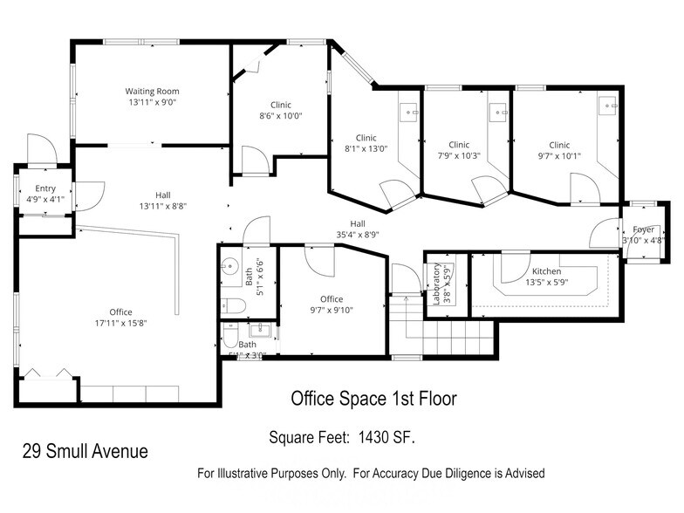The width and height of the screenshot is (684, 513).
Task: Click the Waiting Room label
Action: pyautogui.click(x=152, y=91)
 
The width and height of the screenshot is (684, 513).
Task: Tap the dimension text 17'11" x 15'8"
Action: pyautogui.click(x=121, y=323)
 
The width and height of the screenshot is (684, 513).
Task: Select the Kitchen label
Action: pyautogui.click(x=546, y=271)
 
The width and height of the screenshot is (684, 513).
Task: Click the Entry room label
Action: pyautogui.click(x=45, y=188)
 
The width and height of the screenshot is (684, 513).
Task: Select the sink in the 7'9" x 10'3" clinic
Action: pyautogui.click(x=499, y=111)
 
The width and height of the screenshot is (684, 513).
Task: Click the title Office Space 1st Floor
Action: pyautogui.click(x=373, y=399)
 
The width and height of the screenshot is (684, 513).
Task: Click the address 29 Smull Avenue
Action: pyautogui.click(x=85, y=451)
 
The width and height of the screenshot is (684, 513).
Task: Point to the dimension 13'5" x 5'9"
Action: pyautogui.click(x=546, y=282)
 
